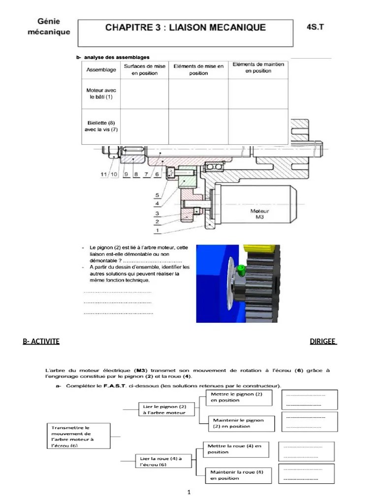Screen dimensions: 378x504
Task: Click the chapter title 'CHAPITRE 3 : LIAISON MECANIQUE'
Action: click(186, 28)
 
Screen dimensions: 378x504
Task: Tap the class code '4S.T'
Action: click(315, 27)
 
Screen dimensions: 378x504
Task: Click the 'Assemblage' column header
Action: click(101, 70)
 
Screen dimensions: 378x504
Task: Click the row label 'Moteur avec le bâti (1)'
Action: click(101, 94)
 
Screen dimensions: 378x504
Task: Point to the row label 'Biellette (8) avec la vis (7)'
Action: click(101, 126)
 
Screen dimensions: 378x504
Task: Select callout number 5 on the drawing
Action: click(157, 194)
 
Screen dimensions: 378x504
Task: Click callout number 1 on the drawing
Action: click(157, 230)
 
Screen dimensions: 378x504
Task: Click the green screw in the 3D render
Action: click(241, 270)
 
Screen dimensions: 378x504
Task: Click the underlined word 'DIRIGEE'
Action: click(323, 341)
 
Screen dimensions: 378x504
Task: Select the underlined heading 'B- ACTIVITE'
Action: click(41, 341)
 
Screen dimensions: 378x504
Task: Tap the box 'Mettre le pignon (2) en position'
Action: click(234, 397)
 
